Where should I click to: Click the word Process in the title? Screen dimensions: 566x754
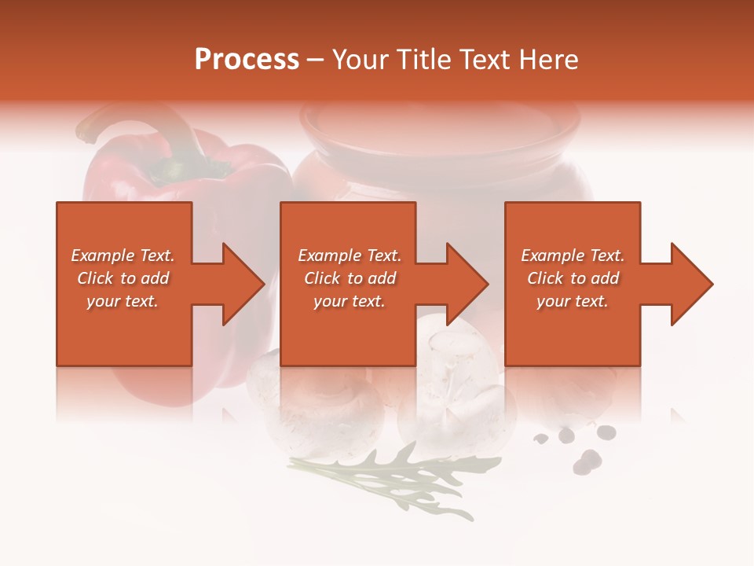(x=247, y=60)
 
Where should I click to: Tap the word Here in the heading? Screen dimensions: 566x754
(x=548, y=60)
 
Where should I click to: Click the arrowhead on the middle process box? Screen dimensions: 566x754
(x=465, y=284)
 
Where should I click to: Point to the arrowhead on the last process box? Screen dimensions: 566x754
(x=690, y=284)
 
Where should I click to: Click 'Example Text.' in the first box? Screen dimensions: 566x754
(x=123, y=255)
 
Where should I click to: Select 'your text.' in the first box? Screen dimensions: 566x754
(x=123, y=301)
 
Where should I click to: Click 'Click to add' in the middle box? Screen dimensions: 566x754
(x=350, y=278)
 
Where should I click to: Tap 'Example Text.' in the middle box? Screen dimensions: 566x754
(x=350, y=255)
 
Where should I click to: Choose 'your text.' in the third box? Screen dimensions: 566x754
(x=573, y=301)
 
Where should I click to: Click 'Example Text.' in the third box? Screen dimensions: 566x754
(x=573, y=255)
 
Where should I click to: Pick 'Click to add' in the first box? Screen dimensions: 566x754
(x=123, y=278)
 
